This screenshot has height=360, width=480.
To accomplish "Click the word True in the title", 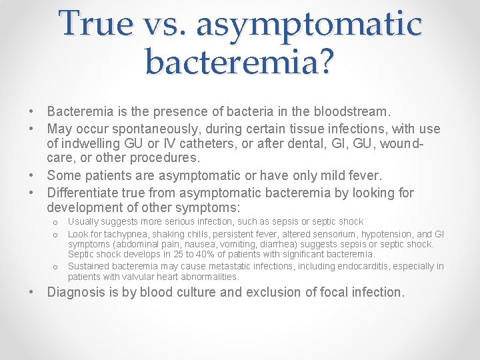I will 95,23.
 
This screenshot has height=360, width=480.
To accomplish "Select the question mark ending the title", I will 326,61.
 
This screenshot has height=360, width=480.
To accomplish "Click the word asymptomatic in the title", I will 309,25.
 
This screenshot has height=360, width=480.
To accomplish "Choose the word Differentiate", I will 86,193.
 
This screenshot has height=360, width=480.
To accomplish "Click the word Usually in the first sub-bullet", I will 83,221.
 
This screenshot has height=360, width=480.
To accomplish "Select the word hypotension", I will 391,234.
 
